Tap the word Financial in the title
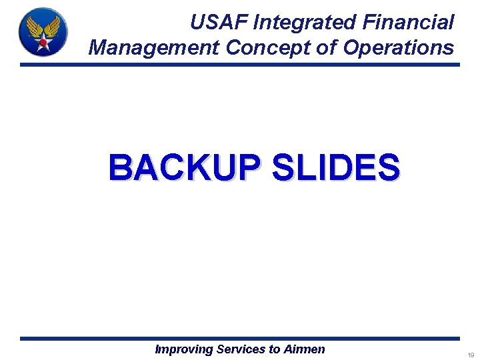(408, 23)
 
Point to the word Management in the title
(153, 47)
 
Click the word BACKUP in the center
(187, 167)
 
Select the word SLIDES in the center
(335, 167)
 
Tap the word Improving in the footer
(184, 349)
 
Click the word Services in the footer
(241, 349)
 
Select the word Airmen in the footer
(304, 349)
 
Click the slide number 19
(470, 355)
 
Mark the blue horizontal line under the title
(240, 65)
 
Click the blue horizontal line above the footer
(240, 339)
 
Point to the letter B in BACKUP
(121, 167)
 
